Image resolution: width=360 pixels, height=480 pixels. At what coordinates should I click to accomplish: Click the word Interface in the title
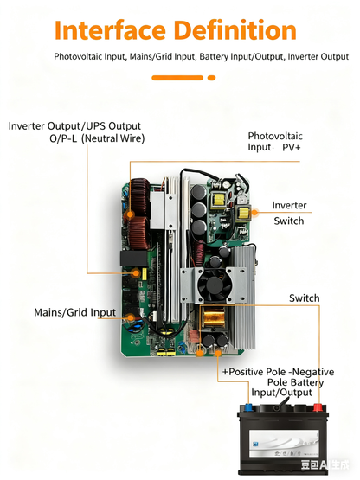coord(110,31)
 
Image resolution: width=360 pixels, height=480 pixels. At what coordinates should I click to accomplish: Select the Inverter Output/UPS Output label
coord(74,126)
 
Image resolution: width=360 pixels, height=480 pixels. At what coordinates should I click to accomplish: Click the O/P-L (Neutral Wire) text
coord(97,138)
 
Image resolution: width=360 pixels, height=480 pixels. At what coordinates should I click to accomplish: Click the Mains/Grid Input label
coord(74,312)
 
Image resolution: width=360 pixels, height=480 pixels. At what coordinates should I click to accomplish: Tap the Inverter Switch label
coord(289,213)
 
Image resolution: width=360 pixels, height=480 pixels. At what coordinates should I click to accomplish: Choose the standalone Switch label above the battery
coord(304,298)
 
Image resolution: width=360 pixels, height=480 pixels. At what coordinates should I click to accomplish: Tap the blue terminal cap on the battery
coord(257,404)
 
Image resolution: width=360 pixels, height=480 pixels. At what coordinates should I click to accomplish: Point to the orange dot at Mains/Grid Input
coord(130,317)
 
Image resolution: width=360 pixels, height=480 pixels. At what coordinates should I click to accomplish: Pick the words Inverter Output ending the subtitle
coord(319,56)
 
